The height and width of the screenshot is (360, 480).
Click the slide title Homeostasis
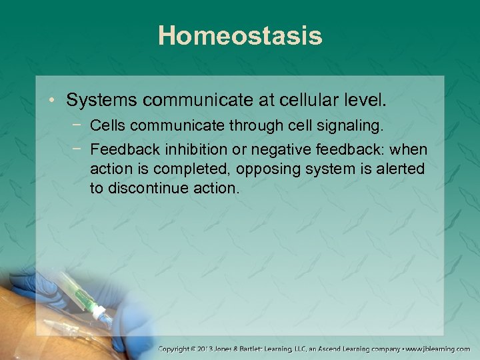click(240, 36)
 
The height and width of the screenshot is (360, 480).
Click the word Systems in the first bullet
click(101, 101)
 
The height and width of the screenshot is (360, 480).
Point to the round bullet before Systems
click(53, 101)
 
